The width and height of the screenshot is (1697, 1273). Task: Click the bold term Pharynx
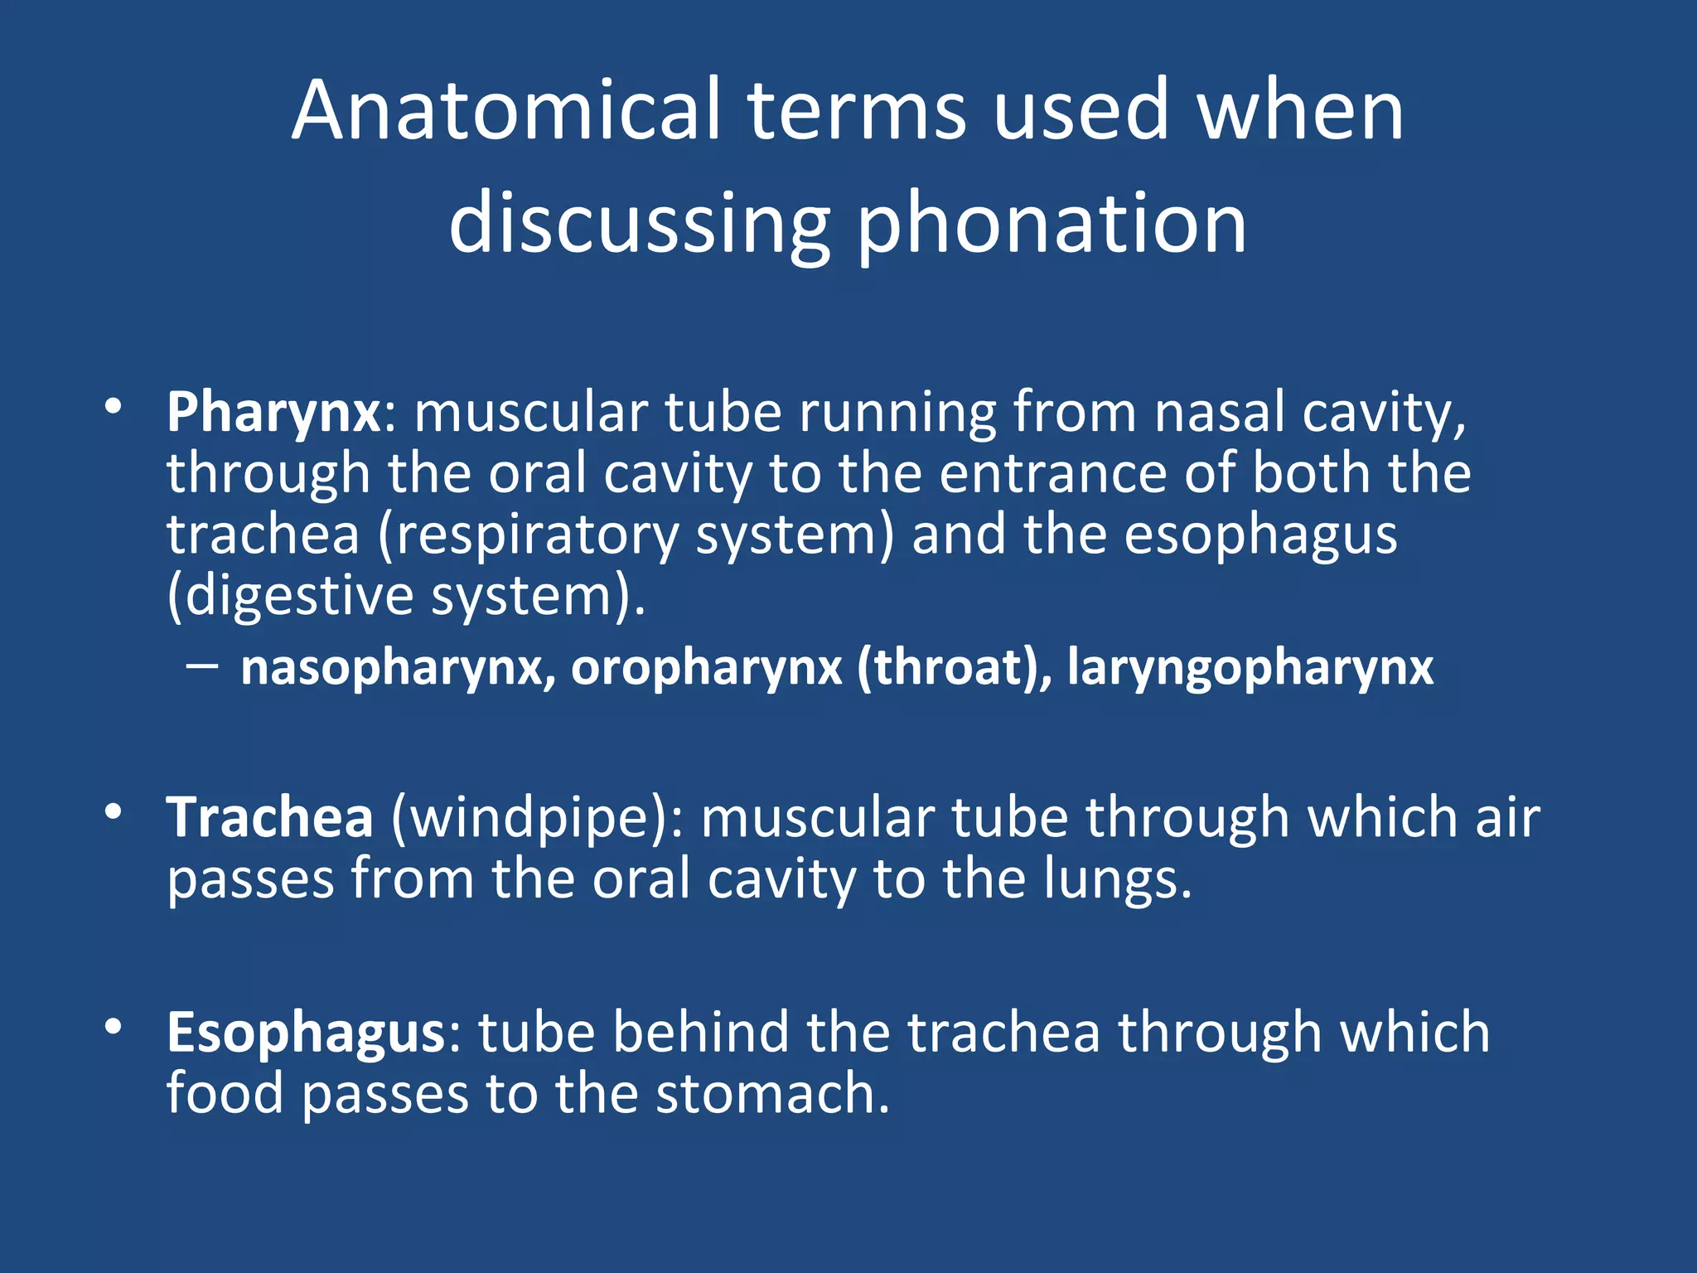tap(273, 412)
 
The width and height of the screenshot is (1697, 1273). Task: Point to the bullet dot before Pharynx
tap(114, 406)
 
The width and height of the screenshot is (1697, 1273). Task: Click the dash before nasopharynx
tap(203, 665)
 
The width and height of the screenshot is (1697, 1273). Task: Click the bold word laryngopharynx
tap(1250, 667)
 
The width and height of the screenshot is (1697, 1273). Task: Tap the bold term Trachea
tap(270, 817)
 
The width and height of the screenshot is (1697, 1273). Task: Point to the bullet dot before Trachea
tap(114, 811)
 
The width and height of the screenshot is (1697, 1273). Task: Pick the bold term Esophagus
tap(306, 1033)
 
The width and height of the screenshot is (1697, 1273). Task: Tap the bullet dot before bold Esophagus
tap(114, 1027)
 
